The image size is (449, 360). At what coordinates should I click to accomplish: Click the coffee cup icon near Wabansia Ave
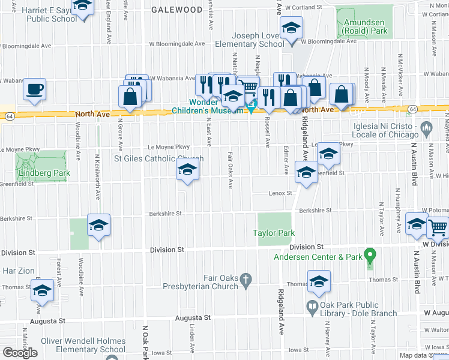coord(34,90)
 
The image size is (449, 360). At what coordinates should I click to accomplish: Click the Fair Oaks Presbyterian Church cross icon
coord(245,278)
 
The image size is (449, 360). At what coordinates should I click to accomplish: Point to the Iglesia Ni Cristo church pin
coord(427,127)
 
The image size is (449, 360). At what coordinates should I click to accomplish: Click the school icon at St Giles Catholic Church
coord(187,171)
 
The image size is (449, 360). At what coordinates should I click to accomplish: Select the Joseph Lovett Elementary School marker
coord(291,28)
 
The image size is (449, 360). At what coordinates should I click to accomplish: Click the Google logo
coord(20,352)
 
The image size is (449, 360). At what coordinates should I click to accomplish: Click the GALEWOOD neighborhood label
coord(176,10)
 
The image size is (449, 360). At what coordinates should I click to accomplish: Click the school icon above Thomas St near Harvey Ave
coord(319,280)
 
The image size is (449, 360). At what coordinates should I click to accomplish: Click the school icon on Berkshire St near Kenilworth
coord(99,225)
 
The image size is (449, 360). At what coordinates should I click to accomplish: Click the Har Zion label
coord(16,271)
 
